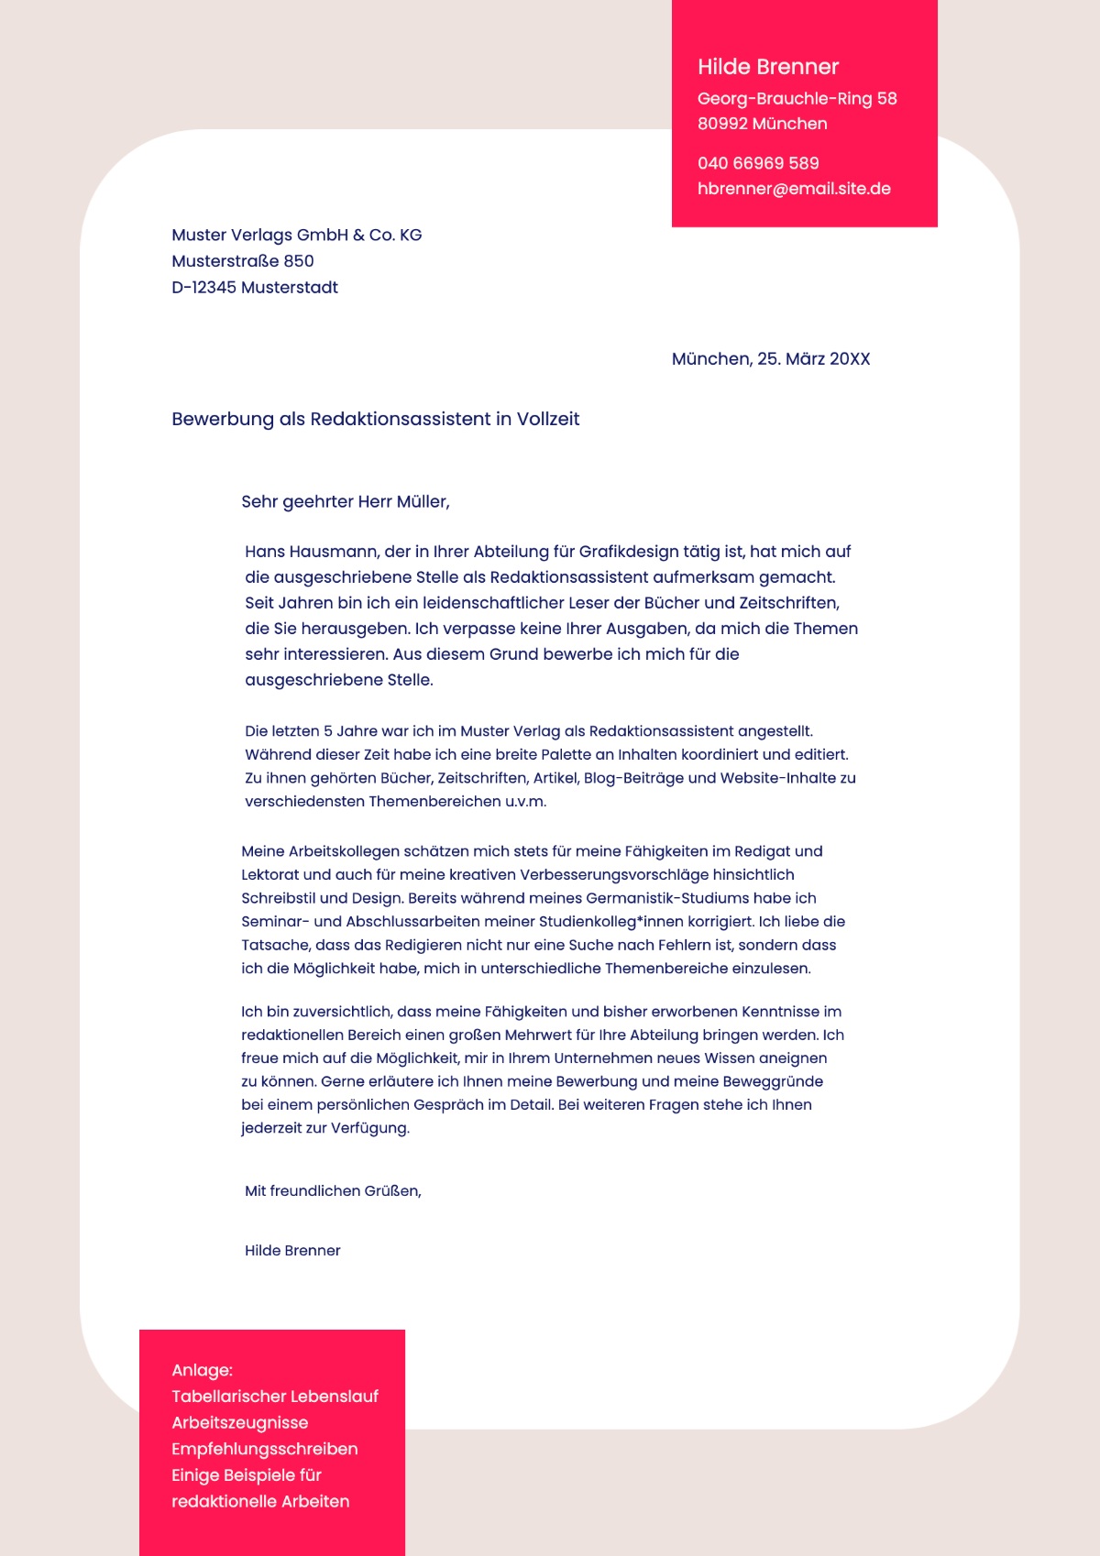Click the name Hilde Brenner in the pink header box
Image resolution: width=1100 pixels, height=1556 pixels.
pos(768,67)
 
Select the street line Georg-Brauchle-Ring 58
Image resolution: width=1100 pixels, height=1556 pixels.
pos(797,99)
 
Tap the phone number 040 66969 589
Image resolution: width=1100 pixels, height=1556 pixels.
pos(758,163)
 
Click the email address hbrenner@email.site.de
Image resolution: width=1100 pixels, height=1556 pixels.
pos(794,189)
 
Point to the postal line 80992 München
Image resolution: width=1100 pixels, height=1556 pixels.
pos(762,124)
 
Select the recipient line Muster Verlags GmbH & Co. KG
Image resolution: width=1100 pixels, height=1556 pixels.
pos(296,236)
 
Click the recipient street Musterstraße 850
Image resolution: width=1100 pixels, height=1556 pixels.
pos(242,261)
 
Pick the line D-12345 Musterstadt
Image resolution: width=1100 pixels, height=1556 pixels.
pos(254,288)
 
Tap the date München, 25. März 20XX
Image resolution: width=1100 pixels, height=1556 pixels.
pos(770,359)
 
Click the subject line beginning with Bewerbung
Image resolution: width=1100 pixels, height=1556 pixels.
pos(375,419)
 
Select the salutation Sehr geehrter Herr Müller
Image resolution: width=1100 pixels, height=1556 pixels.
pos(345,502)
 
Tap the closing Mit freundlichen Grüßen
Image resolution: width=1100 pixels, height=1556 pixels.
pos(332,1191)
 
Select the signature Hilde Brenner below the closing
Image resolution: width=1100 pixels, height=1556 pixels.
pos(291,1251)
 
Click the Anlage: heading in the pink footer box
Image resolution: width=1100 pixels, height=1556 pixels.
pos(202,1371)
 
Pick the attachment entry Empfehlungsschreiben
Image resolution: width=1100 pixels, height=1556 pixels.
pos(264,1450)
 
